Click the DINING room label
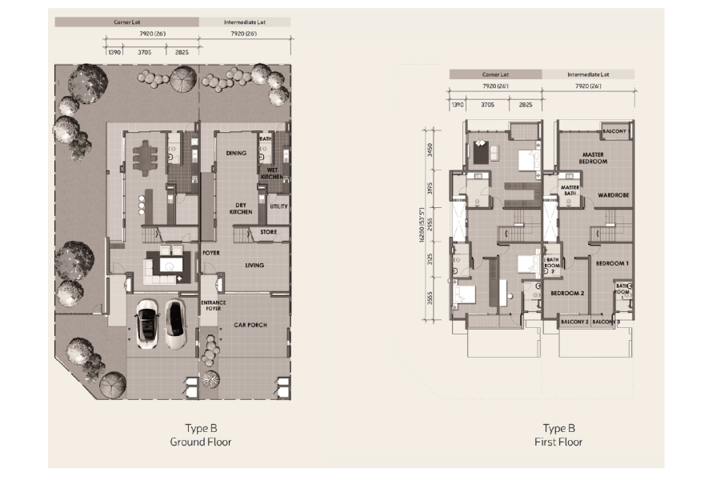(236, 153)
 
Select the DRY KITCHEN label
(241, 208)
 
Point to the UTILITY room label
(278, 206)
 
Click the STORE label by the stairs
(269, 233)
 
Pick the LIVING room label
(254, 266)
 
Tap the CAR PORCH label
(250, 326)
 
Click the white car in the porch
(147, 323)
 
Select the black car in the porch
(174, 323)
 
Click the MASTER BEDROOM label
(594, 158)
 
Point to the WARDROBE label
(612, 194)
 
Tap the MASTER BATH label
(570, 190)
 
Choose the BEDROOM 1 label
(612, 263)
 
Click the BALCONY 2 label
(574, 322)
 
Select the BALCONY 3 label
(606, 322)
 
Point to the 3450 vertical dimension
(430, 150)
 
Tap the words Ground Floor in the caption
(201, 442)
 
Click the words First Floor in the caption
(558, 442)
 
